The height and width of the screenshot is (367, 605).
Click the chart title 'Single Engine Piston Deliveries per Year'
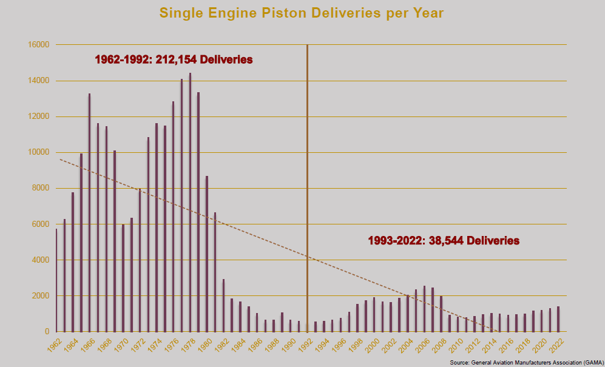(302, 13)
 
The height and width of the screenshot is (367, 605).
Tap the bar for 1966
(89, 212)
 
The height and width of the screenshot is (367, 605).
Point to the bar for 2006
(424, 309)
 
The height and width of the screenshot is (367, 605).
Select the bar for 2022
(558, 319)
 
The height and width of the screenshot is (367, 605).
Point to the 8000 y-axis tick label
(39, 188)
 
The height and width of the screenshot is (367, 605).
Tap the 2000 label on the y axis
(39, 296)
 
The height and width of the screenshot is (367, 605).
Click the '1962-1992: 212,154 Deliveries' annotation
(174, 60)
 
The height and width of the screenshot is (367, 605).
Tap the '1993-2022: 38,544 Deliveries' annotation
(444, 240)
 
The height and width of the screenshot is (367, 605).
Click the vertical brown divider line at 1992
(307, 152)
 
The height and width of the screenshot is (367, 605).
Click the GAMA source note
(526, 362)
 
